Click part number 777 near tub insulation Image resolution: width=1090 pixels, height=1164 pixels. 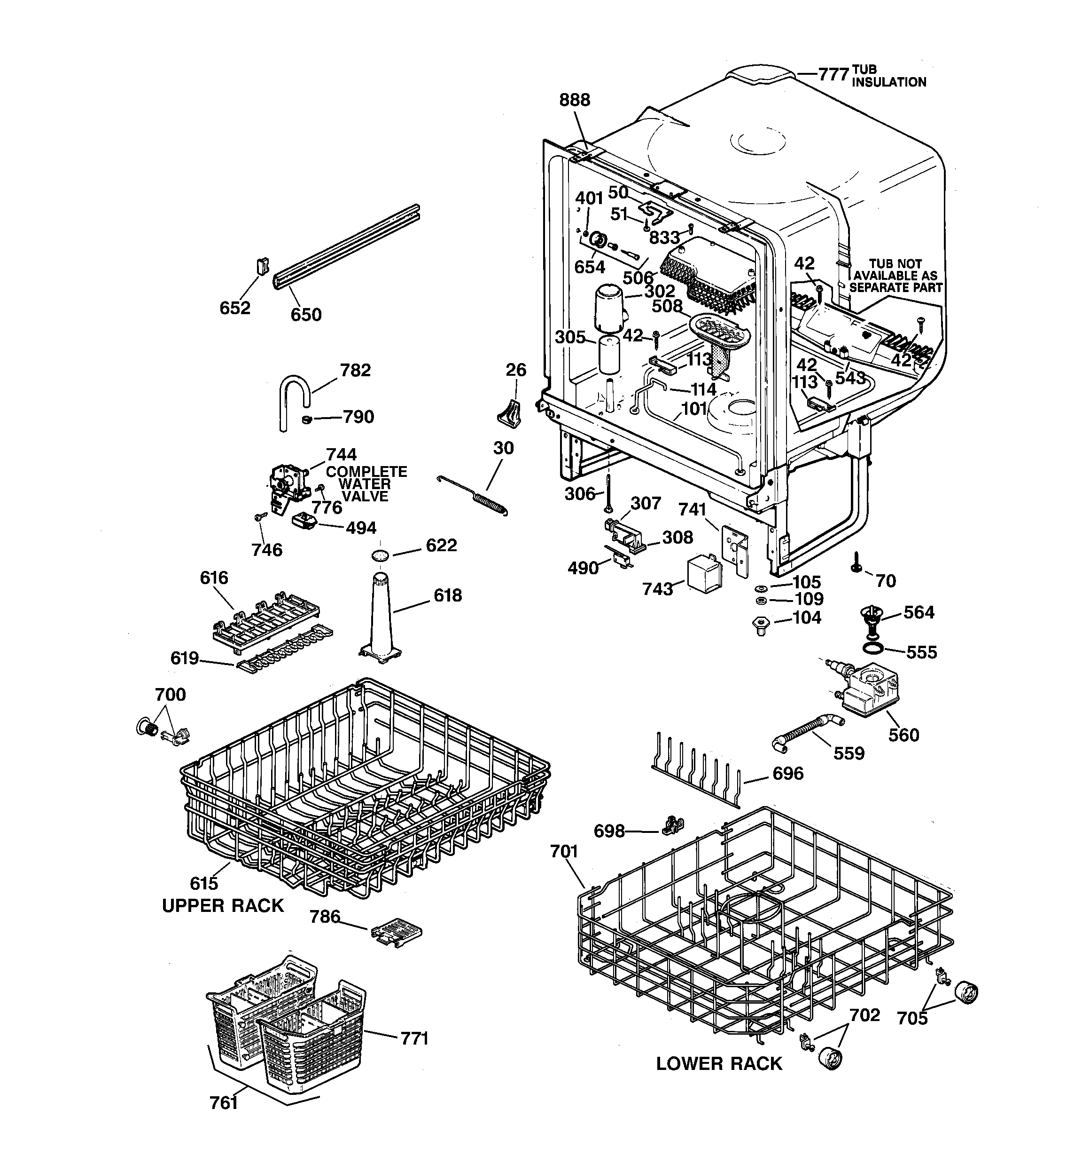tap(833, 75)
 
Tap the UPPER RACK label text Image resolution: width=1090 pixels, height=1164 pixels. tap(222, 905)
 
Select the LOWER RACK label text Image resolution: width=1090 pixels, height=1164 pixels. tap(718, 1063)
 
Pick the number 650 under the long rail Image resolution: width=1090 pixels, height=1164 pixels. tap(306, 315)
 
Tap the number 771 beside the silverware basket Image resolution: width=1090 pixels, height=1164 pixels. tap(414, 1039)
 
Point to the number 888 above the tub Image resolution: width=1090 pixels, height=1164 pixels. tap(575, 100)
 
